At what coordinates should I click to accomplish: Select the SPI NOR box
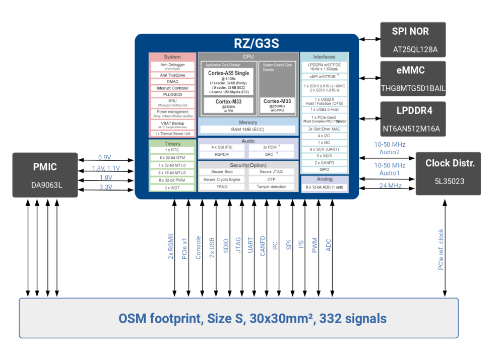pyautogui.click(x=413, y=39)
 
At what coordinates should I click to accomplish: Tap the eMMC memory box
pyautogui.click(x=413, y=78)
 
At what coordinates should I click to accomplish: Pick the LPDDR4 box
pyautogui.click(x=413, y=118)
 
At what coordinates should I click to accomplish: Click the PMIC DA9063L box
pyautogui.click(x=45, y=174)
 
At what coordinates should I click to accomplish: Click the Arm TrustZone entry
pyautogui.click(x=172, y=75)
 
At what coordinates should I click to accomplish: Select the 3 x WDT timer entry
pyautogui.click(x=172, y=188)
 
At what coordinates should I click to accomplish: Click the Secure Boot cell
pyautogui.click(x=221, y=171)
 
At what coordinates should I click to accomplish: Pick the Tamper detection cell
pyautogui.click(x=272, y=187)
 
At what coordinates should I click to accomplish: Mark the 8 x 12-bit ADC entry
pyautogui.click(x=324, y=188)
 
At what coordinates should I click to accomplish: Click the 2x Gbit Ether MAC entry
pyautogui.click(x=324, y=129)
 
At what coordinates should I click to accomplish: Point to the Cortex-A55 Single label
pyautogui.click(x=228, y=74)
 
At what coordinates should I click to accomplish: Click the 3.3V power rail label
pyautogui.click(x=105, y=187)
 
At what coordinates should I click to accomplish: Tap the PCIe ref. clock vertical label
pyautogui.click(x=440, y=249)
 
